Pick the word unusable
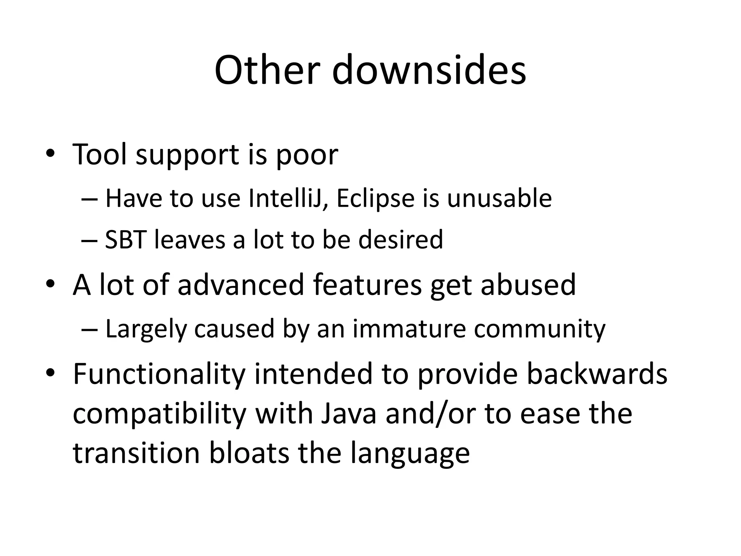tap(499, 199)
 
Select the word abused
tap(528, 285)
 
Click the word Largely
tap(146, 329)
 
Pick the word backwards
tap(597, 374)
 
